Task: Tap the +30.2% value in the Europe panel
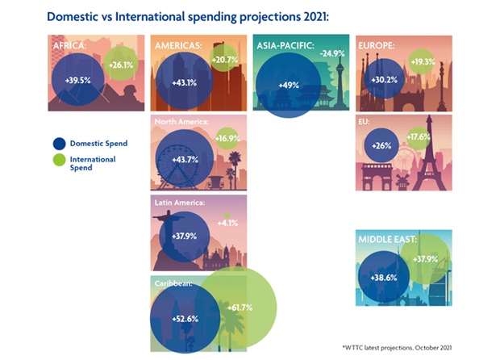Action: point(381,81)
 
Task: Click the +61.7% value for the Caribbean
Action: point(239,308)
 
